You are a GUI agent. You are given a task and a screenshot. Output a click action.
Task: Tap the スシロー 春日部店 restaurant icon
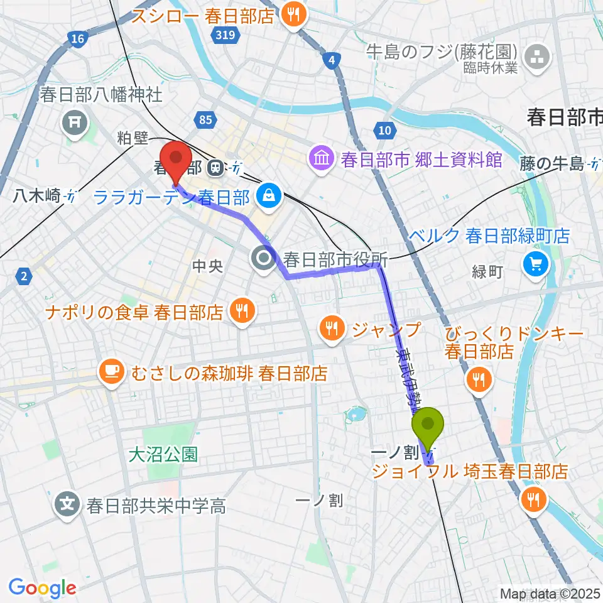[293, 15]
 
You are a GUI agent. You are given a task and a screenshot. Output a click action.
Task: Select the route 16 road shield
[77, 40]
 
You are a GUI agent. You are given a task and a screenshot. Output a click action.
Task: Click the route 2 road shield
[24, 274]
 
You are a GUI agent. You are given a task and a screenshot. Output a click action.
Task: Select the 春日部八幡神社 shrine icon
[74, 121]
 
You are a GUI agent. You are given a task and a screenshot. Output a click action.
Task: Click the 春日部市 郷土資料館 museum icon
[322, 159]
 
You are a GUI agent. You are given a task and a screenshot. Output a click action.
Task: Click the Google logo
[43, 588]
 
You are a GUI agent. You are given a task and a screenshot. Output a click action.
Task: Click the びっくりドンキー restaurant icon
[481, 379]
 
